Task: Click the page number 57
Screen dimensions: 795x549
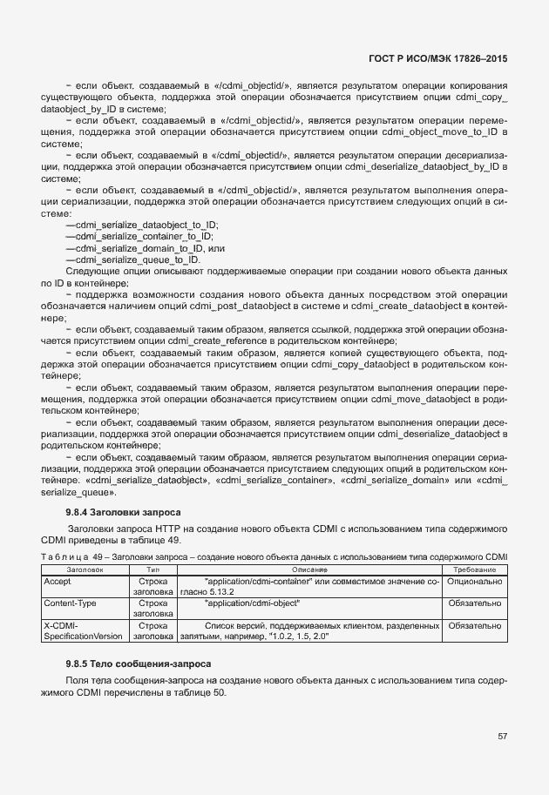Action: point(502,736)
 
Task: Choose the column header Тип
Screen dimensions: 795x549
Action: point(153,568)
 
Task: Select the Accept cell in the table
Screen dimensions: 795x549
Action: point(58,580)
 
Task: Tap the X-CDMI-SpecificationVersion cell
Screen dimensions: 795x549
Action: point(84,630)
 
